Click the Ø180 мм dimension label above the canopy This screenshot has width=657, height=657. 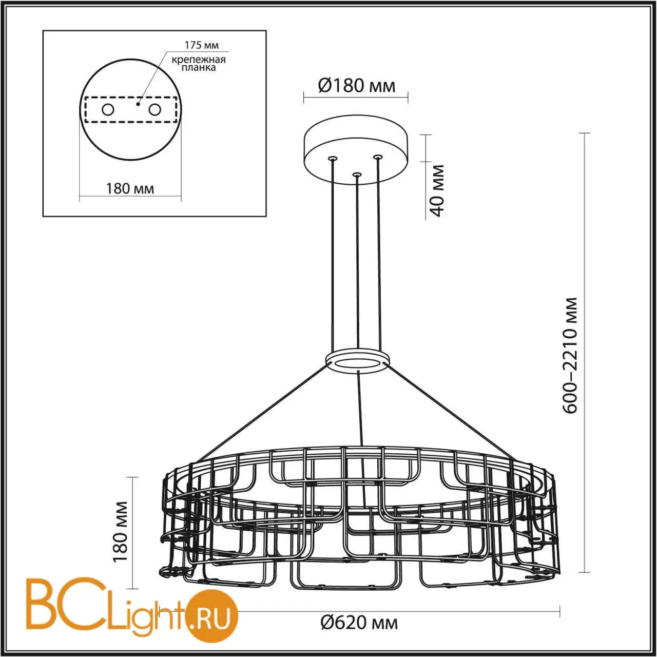point(357,86)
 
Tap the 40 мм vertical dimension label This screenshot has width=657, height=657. point(437,190)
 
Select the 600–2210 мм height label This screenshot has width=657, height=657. point(570,356)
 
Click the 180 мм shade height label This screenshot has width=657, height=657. point(120,532)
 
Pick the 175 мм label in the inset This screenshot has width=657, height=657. point(202,45)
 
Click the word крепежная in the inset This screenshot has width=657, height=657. point(199,60)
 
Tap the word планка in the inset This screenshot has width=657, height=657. point(199,67)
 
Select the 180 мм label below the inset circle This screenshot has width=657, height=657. point(130,188)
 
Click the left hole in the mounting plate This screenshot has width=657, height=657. point(108,110)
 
